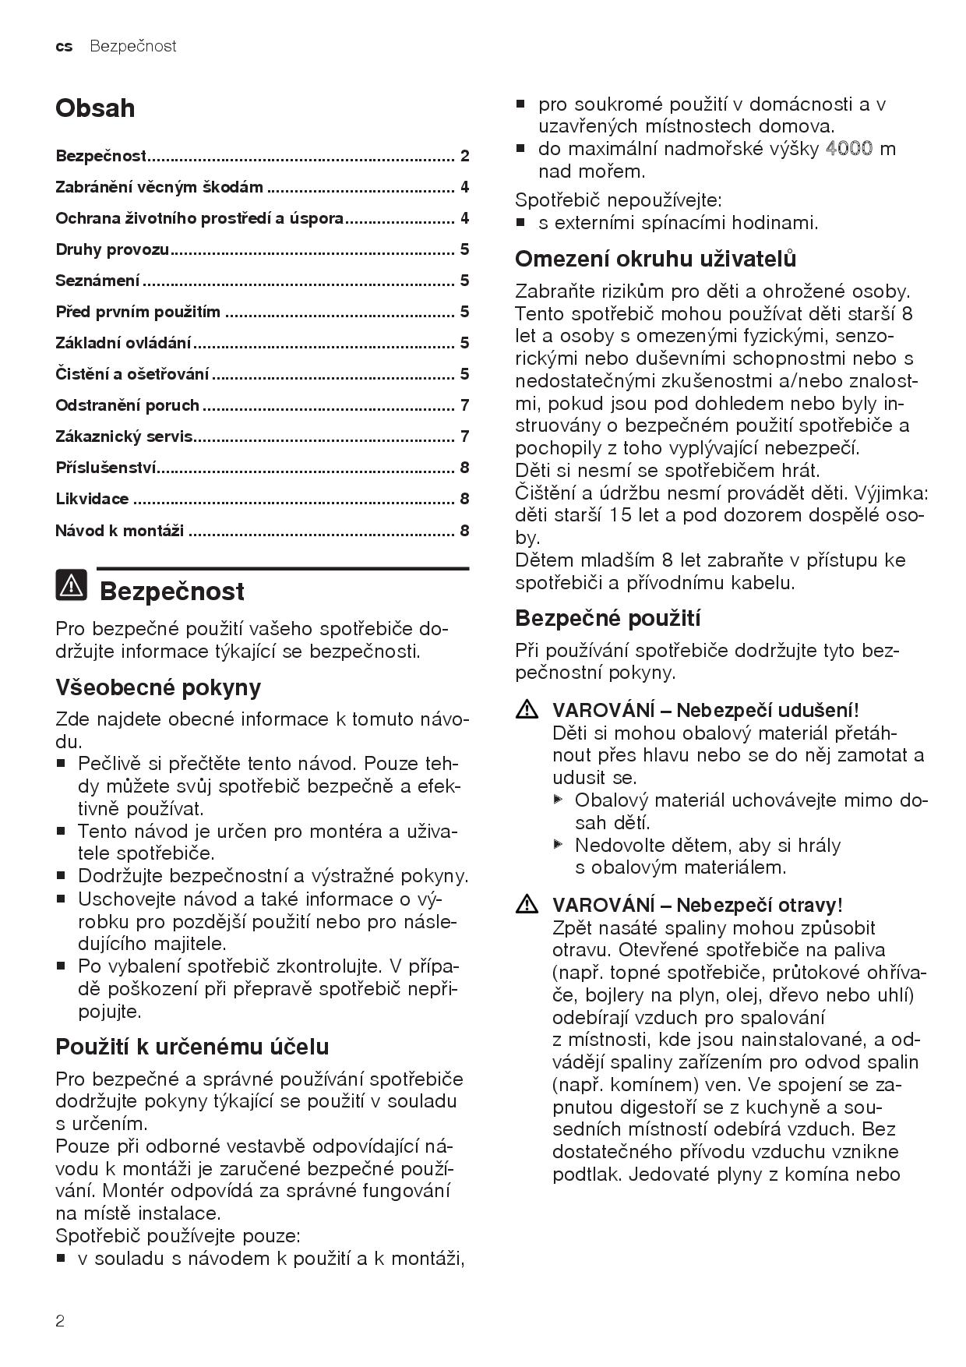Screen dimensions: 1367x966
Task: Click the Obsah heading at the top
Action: (x=95, y=108)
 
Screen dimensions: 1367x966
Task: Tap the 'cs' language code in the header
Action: (x=64, y=47)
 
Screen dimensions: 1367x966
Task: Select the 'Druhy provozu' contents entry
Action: (x=112, y=249)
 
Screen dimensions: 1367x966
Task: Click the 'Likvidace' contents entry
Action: (x=92, y=499)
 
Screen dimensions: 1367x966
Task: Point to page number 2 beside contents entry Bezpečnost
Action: (x=465, y=156)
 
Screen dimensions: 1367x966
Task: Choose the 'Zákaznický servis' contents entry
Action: (x=124, y=436)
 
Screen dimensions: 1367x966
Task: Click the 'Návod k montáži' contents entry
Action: (x=119, y=531)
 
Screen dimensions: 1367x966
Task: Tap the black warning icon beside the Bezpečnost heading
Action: (x=71, y=585)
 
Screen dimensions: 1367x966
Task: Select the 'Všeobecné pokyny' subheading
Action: (x=158, y=687)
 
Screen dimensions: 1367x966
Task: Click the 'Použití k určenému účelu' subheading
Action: (x=192, y=1047)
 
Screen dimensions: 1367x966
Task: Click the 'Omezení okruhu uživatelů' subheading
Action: (x=655, y=259)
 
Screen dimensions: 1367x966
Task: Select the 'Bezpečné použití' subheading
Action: (x=608, y=619)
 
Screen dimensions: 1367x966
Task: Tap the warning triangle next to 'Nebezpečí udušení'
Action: (x=527, y=710)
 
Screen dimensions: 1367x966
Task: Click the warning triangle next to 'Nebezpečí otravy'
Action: (x=527, y=905)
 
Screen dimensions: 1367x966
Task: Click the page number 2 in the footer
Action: (x=60, y=1320)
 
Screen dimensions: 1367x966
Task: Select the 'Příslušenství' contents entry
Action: (x=106, y=468)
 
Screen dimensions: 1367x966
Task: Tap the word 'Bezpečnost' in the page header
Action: (x=133, y=47)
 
